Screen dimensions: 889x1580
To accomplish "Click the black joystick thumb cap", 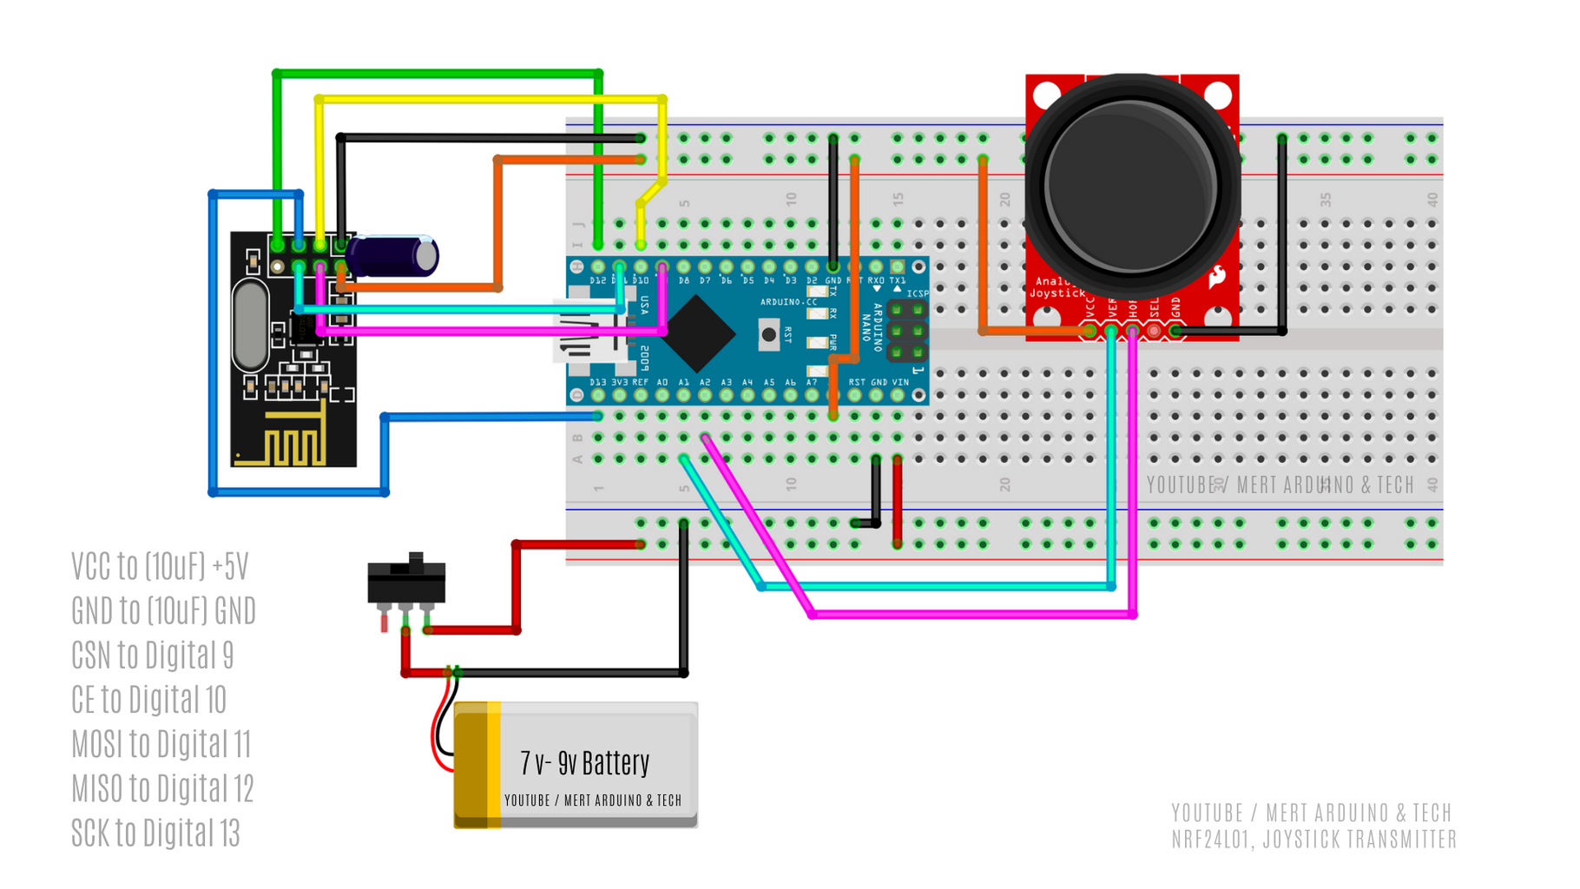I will tap(1131, 184).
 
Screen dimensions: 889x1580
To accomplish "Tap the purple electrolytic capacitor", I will tap(395, 256).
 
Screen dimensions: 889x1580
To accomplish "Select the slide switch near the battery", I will tap(406, 581).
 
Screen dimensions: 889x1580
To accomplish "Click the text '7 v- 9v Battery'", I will tap(584, 763).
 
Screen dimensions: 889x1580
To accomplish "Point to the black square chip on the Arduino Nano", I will tap(697, 333).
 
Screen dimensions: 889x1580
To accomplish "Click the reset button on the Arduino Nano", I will tap(768, 334).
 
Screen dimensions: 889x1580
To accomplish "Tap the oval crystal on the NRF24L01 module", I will tap(250, 326).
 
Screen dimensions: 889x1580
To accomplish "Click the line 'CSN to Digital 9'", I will tap(153, 655).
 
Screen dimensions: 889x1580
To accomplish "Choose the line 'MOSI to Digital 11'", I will tap(161, 744).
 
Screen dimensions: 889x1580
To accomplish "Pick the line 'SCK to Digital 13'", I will tap(155, 833).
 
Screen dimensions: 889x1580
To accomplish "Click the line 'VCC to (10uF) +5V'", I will tap(160, 566).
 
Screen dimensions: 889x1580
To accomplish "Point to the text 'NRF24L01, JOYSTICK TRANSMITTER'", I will tap(1313, 840).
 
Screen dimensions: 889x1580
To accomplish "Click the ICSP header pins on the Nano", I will tap(907, 331).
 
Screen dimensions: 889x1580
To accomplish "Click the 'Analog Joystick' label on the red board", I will tap(1056, 287).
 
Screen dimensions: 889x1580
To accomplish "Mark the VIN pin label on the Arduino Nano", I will tap(900, 382).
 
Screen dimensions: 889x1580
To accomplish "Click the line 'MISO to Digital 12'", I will tap(162, 788).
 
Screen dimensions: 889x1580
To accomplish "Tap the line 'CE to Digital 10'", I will tap(148, 699).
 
